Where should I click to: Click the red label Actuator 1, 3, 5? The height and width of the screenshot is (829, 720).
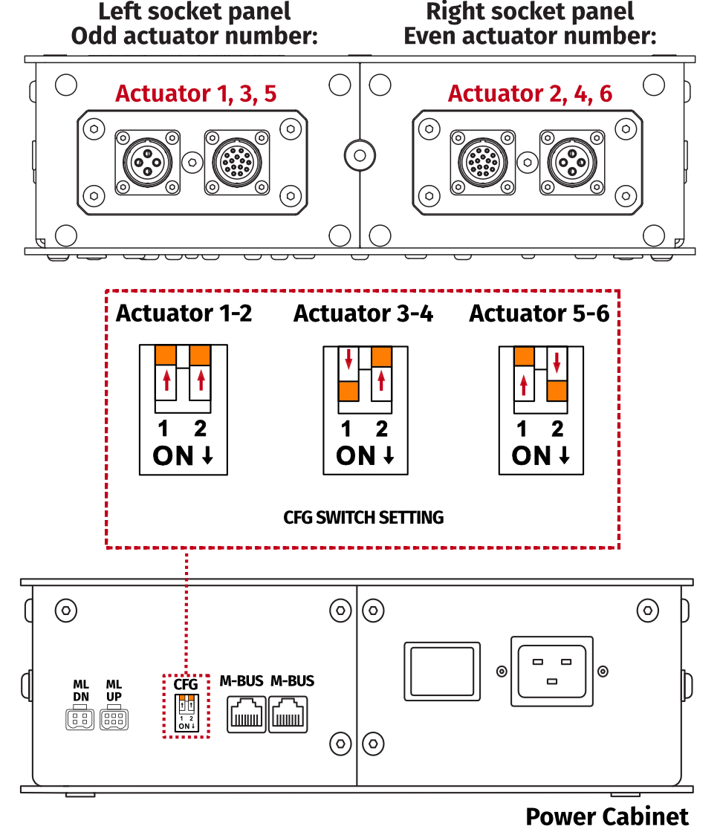pyautogui.click(x=195, y=94)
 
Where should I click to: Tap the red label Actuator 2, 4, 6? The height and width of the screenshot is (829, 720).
pyautogui.click(x=530, y=94)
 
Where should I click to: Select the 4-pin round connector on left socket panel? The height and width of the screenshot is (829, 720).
pyautogui.click(x=147, y=160)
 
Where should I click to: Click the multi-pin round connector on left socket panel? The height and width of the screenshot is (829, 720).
pyautogui.click(x=237, y=160)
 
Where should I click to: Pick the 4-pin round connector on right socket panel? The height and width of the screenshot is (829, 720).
pyautogui.click(x=571, y=160)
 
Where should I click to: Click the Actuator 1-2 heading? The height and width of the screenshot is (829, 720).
pyautogui.click(x=184, y=313)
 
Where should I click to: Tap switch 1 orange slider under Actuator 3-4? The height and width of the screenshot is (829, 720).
pyautogui.click(x=348, y=391)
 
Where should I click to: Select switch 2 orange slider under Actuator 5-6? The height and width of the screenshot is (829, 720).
pyautogui.click(x=557, y=390)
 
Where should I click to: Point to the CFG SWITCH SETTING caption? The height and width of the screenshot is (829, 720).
pyautogui.click(x=363, y=517)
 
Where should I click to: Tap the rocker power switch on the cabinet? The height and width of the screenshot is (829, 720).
pyautogui.click(x=441, y=672)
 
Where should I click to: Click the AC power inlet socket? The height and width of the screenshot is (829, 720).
pyautogui.click(x=551, y=671)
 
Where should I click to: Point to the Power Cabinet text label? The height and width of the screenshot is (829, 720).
pyautogui.click(x=607, y=816)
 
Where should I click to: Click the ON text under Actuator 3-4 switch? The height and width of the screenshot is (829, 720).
pyautogui.click(x=356, y=456)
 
